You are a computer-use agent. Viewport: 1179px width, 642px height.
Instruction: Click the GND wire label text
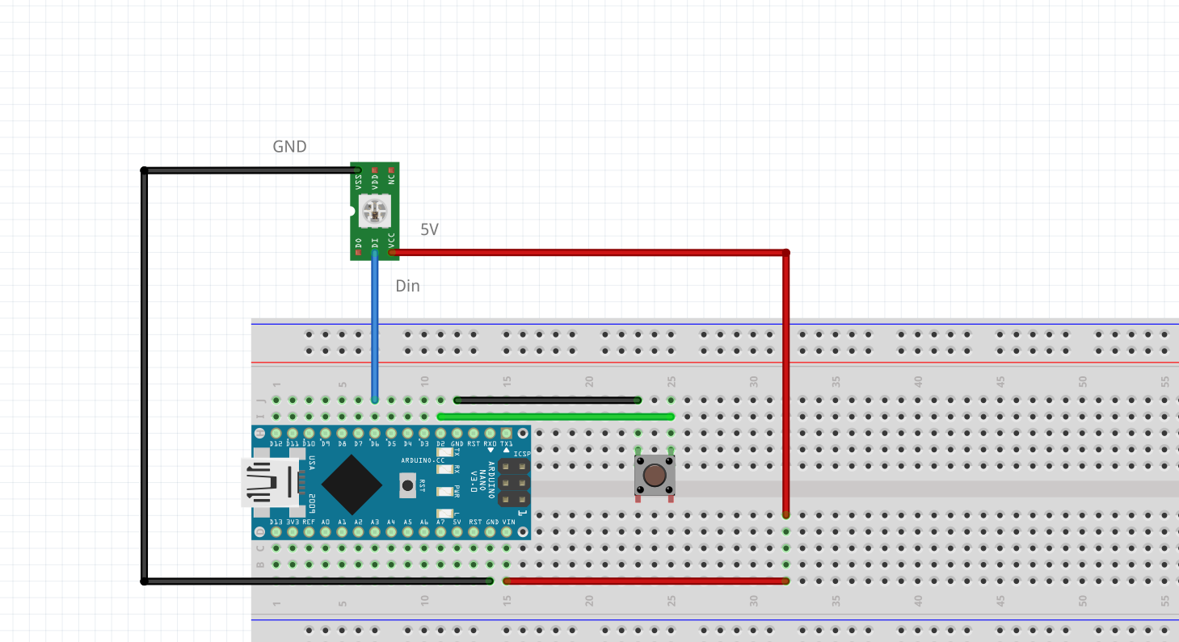(289, 147)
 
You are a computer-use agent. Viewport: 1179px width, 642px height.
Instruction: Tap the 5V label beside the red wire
(429, 230)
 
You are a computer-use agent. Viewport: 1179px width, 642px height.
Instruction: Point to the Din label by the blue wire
(407, 286)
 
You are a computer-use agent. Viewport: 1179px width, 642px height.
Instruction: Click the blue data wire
(375, 323)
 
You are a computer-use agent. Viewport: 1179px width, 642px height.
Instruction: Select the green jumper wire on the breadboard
(556, 417)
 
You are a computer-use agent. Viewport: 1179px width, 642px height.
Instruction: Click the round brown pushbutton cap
(655, 475)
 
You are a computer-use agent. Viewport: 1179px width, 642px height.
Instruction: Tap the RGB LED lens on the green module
(375, 212)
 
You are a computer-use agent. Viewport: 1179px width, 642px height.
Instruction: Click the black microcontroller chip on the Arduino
(352, 484)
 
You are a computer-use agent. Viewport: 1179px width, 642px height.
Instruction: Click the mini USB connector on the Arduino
(267, 483)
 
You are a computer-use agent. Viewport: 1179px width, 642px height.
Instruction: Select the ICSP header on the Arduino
(514, 483)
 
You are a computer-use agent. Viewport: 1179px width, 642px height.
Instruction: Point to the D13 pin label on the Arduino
(276, 522)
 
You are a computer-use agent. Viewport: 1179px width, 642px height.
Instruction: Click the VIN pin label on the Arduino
(508, 522)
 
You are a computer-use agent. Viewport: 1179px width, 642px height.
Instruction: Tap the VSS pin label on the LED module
(359, 182)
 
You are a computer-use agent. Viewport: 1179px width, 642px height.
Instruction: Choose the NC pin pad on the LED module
(392, 170)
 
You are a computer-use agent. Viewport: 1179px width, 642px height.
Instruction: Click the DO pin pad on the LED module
(359, 252)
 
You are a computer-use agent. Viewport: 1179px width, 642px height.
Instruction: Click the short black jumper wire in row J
(548, 400)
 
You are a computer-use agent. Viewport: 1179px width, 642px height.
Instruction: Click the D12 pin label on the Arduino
(276, 444)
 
